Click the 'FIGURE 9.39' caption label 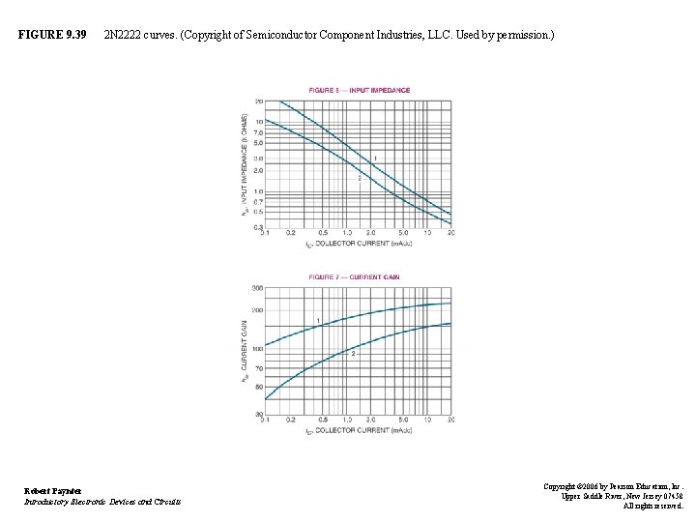point(52,36)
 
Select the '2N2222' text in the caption point(125,36)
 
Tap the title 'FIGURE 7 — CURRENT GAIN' point(353,276)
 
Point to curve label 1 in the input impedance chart point(374,158)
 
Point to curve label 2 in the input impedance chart point(360,178)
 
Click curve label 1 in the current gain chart point(318,320)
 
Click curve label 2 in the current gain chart point(353,354)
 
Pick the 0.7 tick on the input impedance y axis point(258,201)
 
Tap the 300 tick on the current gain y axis point(257,288)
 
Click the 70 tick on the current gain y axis point(258,368)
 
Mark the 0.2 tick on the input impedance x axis point(291,233)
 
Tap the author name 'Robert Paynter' point(53,490)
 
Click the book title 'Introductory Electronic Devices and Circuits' point(101,501)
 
